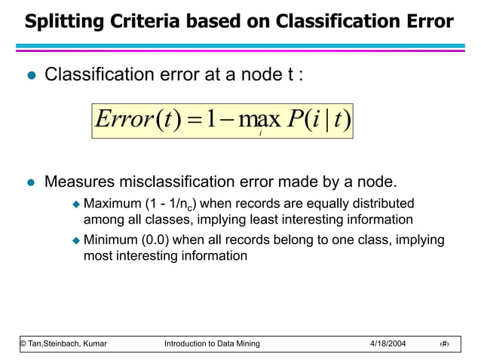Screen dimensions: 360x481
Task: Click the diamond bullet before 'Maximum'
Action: click(75, 204)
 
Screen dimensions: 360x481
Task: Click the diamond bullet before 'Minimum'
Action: click(75, 240)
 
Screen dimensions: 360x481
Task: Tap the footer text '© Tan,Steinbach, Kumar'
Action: click(63, 343)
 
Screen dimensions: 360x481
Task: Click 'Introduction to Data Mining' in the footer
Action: click(212, 343)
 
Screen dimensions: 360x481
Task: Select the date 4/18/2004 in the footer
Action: click(388, 343)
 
